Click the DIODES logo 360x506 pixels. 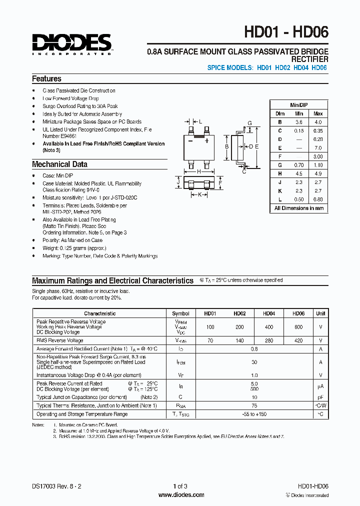click(x=72, y=43)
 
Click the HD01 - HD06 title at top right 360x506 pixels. click(x=286, y=32)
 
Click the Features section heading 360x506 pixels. click(x=46, y=79)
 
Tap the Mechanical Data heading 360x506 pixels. click(x=59, y=164)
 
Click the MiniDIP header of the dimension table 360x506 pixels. click(x=299, y=105)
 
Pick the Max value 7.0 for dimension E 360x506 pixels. click(x=318, y=148)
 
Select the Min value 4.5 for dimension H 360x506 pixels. click(x=299, y=173)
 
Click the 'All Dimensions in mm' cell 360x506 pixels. click(x=299, y=208)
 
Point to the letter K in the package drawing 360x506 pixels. click(x=199, y=194)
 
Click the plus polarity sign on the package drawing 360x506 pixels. click(x=206, y=141)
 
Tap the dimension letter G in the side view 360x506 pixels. click(x=249, y=123)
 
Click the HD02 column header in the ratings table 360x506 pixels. click(x=239, y=313)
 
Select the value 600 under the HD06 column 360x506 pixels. click(x=298, y=326)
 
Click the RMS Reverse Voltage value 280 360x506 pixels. click(x=269, y=340)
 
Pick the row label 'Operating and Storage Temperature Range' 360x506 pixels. click(x=82, y=414)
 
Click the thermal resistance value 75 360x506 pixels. click(x=254, y=406)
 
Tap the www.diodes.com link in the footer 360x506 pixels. click(x=181, y=495)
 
